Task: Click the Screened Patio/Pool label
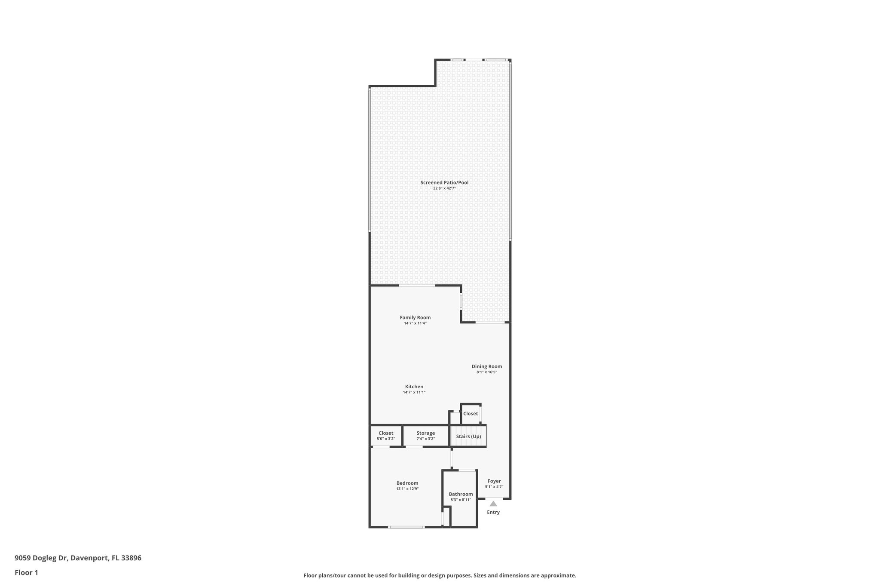click(x=444, y=182)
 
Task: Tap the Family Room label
click(x=415, y=317)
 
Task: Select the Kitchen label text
click(x=414, y=387)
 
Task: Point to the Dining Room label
click(x=487, y=366)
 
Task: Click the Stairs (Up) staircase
click(x=468, y=436)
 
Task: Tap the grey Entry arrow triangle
click(x=493, y=504)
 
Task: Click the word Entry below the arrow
click(x=493, y=512)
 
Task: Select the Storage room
click(x=425, y=436)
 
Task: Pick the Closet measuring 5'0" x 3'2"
click(x=386, y=436)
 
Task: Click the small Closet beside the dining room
click(x=471, y=414)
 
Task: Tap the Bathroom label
click(x=461, y=494)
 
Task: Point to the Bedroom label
click(x=407, y=483)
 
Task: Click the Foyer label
click(x=494, y=481)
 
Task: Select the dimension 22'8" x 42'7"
click(x=444, y=188)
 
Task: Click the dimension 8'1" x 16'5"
click(x=487, y=372)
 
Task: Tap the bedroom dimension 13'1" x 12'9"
click(x=407, y=489)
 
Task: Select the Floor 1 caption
click(x=27, y=572)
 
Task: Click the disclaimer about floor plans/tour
click(x=440, y=575)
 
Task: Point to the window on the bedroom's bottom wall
click(x=406, y=527)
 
